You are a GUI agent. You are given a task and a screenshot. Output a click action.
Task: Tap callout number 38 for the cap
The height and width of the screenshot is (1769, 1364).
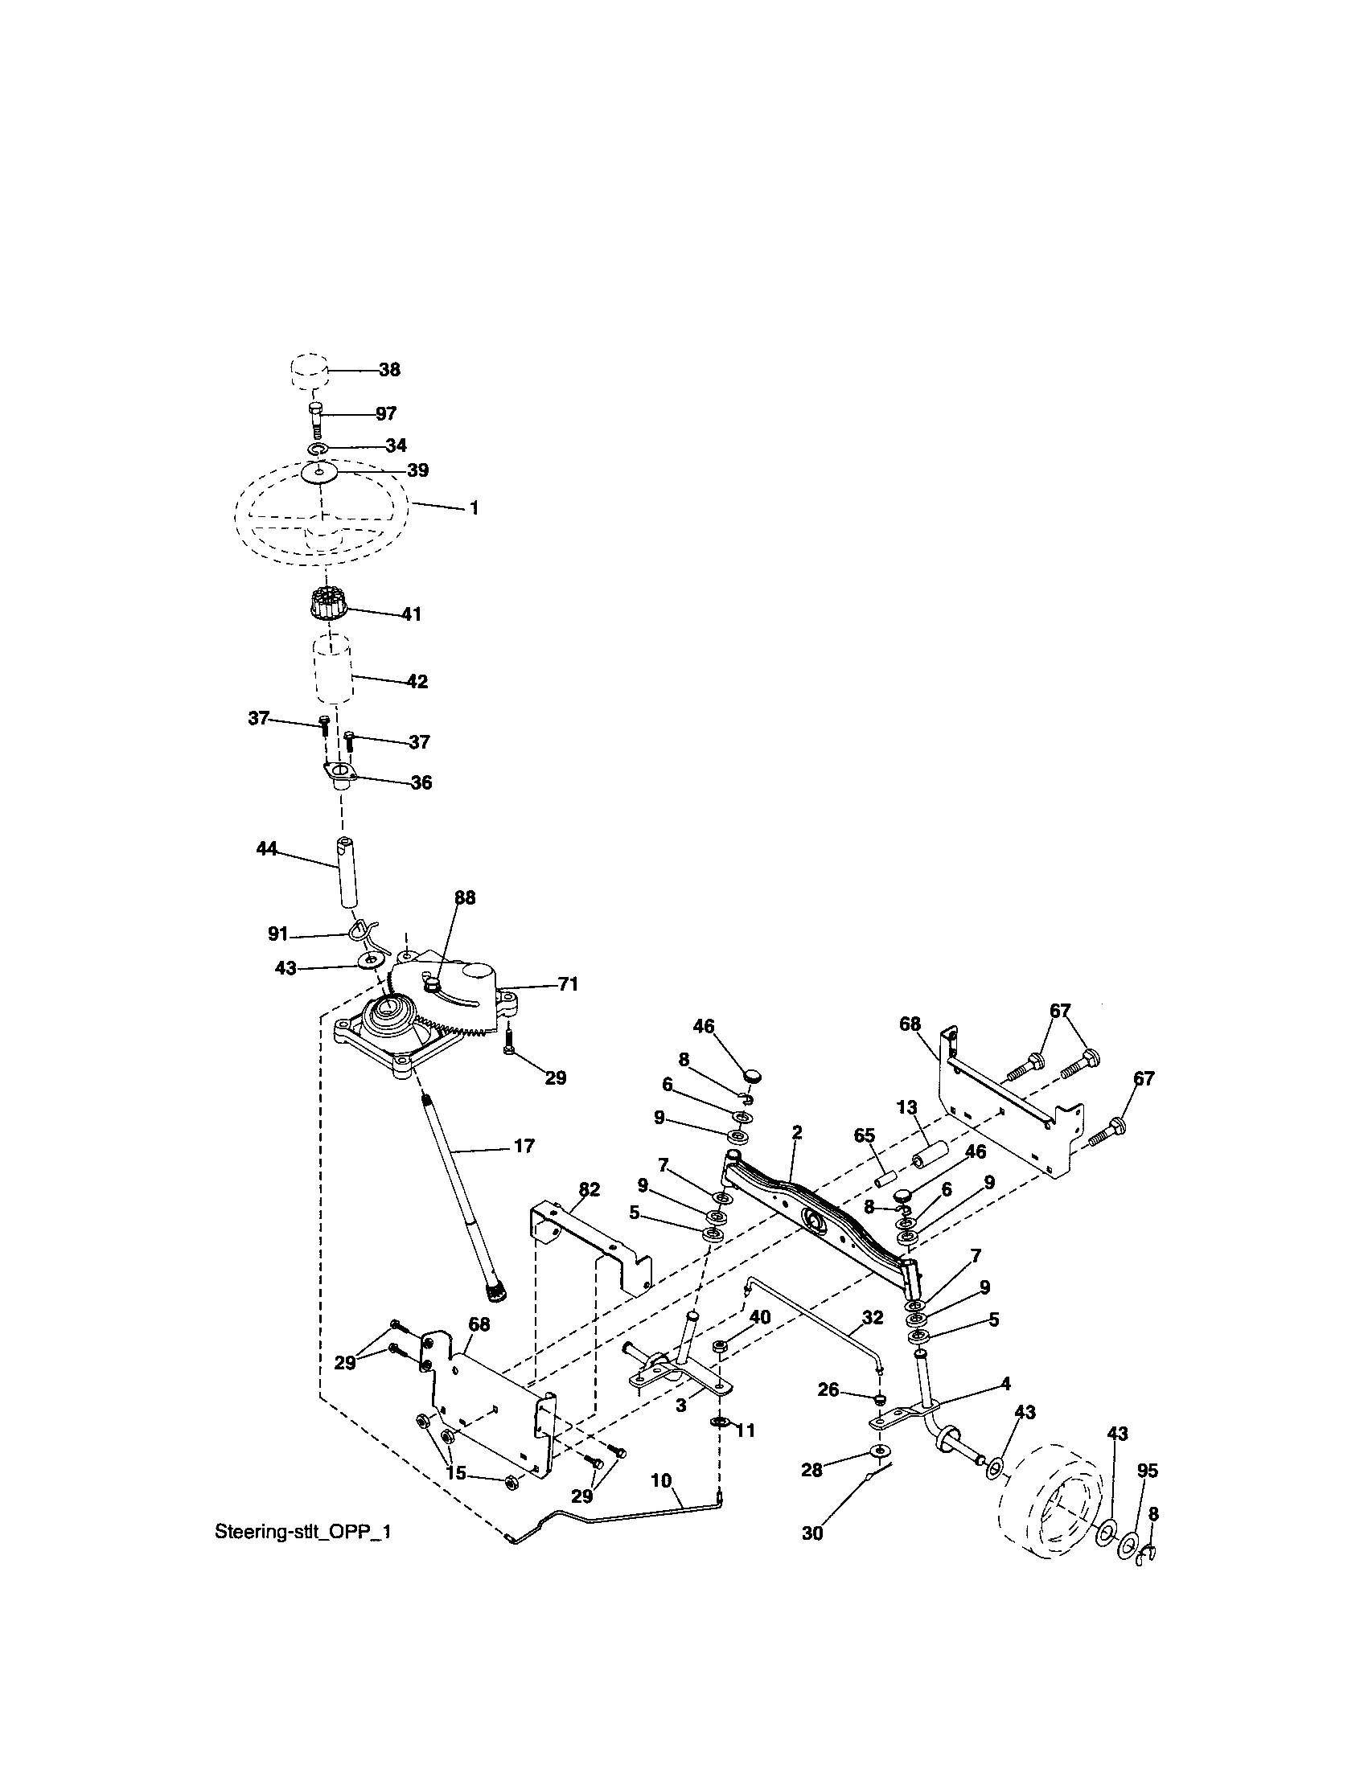[389, 369]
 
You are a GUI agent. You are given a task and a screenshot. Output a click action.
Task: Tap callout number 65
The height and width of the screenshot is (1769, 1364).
[865, 1135]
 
